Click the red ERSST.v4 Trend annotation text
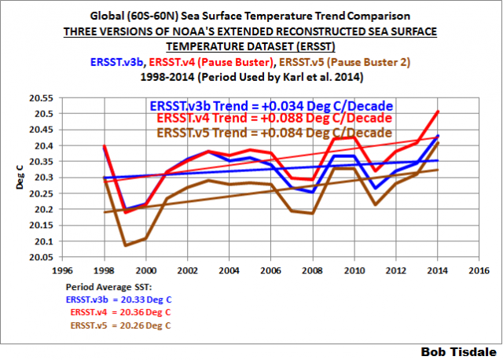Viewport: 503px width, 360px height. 274,119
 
